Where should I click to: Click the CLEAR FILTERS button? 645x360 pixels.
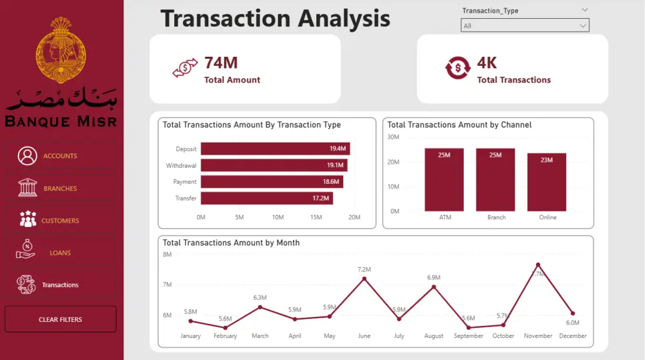coord(60,319)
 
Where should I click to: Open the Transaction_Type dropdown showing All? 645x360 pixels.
coord(524,26)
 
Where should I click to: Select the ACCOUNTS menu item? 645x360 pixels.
coord(60,156)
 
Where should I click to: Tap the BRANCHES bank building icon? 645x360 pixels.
coord(27,188)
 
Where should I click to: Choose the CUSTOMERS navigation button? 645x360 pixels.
coord(60,221)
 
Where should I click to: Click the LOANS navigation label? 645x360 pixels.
coord(60,253)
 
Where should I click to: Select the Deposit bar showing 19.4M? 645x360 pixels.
coord(275,149)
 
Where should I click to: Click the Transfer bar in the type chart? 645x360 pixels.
coord(266,198)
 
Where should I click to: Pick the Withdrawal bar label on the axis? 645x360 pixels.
coord(181,166)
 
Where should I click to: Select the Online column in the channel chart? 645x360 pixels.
coord(548,183)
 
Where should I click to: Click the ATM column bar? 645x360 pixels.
coord(444,180)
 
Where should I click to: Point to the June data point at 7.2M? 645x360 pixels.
coord(364,279)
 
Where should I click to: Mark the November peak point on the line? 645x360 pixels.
coord(538,265)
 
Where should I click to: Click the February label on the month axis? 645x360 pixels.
coord(225,336)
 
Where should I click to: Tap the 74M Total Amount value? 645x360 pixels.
coord(221,63)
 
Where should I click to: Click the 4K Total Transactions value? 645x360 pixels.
coord(487,63)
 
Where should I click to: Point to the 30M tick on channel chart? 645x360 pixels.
coord(393,137)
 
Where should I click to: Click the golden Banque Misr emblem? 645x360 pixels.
coord(61,52)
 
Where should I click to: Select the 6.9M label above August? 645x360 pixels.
coord(434,277)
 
